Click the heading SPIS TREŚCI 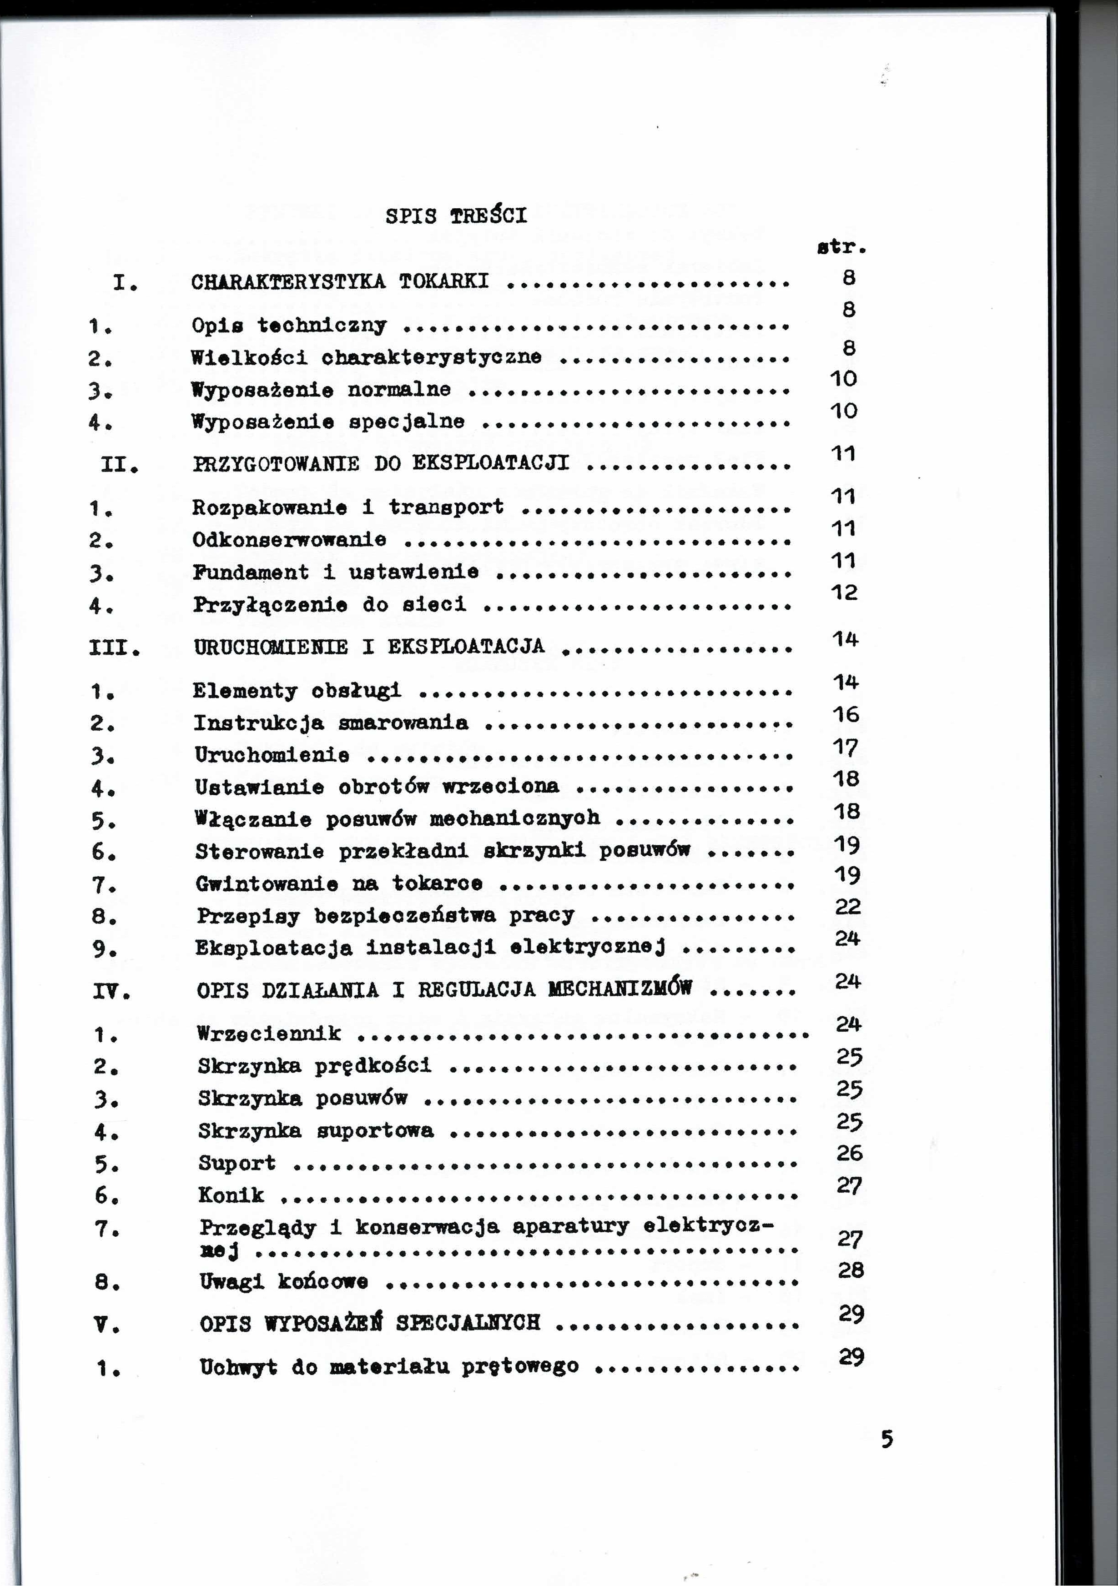point(456,216)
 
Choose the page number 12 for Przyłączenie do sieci point(844,592)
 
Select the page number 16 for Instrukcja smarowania point(845,714)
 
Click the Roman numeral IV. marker point(111,993)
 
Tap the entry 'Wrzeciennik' point(269,1034)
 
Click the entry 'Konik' point(231,1195)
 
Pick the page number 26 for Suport point(849,1153)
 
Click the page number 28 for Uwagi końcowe point(851,1270)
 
